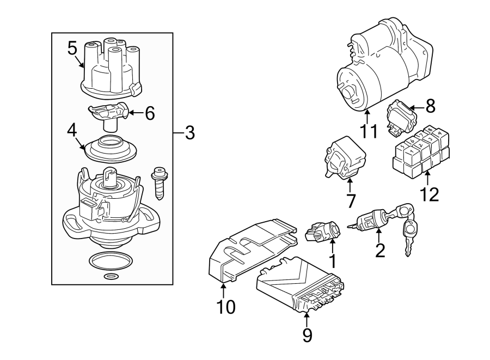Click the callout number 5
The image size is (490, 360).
[x=72, y=48]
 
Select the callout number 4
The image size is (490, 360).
[x=71, y=131]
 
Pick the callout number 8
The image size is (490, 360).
[x=430, y=106]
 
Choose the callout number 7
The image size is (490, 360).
[x=350, y=200]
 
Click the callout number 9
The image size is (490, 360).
[x=307, y=335]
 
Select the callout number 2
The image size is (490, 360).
[x=379, y=250]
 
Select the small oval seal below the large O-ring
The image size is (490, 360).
[x=111, y=277]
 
